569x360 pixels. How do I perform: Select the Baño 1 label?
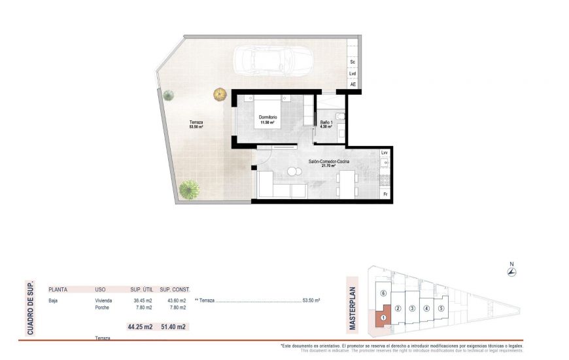pyautogui.click(x=326, y=123)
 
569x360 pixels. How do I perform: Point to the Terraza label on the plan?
pyautogui.click(x=196, y=123)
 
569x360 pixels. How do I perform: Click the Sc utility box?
pyautogui.click(x=353, y=62)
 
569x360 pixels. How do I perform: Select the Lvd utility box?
pyautogui.click(x=353, y=73)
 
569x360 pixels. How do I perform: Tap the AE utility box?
pyautogui.click(x=353, y=84)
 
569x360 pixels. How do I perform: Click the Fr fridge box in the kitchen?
pyautogui.click(x=385, y=194)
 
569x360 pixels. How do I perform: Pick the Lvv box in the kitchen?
pyautogui.click(x=385, y=153)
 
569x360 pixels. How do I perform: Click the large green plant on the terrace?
pyautogui.click(x=190, y=189)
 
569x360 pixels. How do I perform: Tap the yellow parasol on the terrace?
pyautogui.click(x=220, y=95)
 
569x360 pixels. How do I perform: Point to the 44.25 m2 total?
pyautogui.click(x=139, y=327)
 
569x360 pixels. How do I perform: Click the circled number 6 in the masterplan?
pyautogui.click(x=383, y=293)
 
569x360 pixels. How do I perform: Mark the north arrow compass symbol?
pyautogui.click(x=511, y=272)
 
